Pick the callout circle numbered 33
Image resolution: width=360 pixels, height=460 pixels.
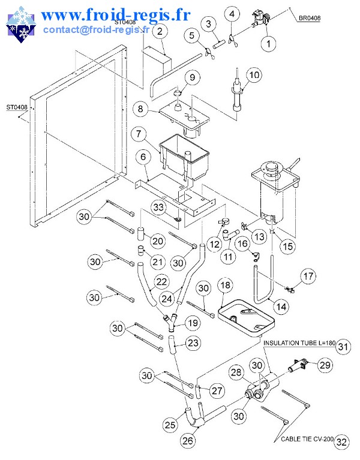[x=158, y=207]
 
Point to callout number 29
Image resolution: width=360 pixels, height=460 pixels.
[x=325, y=364]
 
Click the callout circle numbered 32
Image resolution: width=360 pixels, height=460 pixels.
[x=341, y=442]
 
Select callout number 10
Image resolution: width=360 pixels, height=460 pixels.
[x=254, y=75]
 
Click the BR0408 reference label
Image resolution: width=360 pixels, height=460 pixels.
[x=309, y=18]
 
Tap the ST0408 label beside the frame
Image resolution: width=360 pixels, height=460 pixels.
[x=16, y=108]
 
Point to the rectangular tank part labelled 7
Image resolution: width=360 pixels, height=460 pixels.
[x=181, y=157]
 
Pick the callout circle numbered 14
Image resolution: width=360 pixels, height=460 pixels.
[x=280, y=306]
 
